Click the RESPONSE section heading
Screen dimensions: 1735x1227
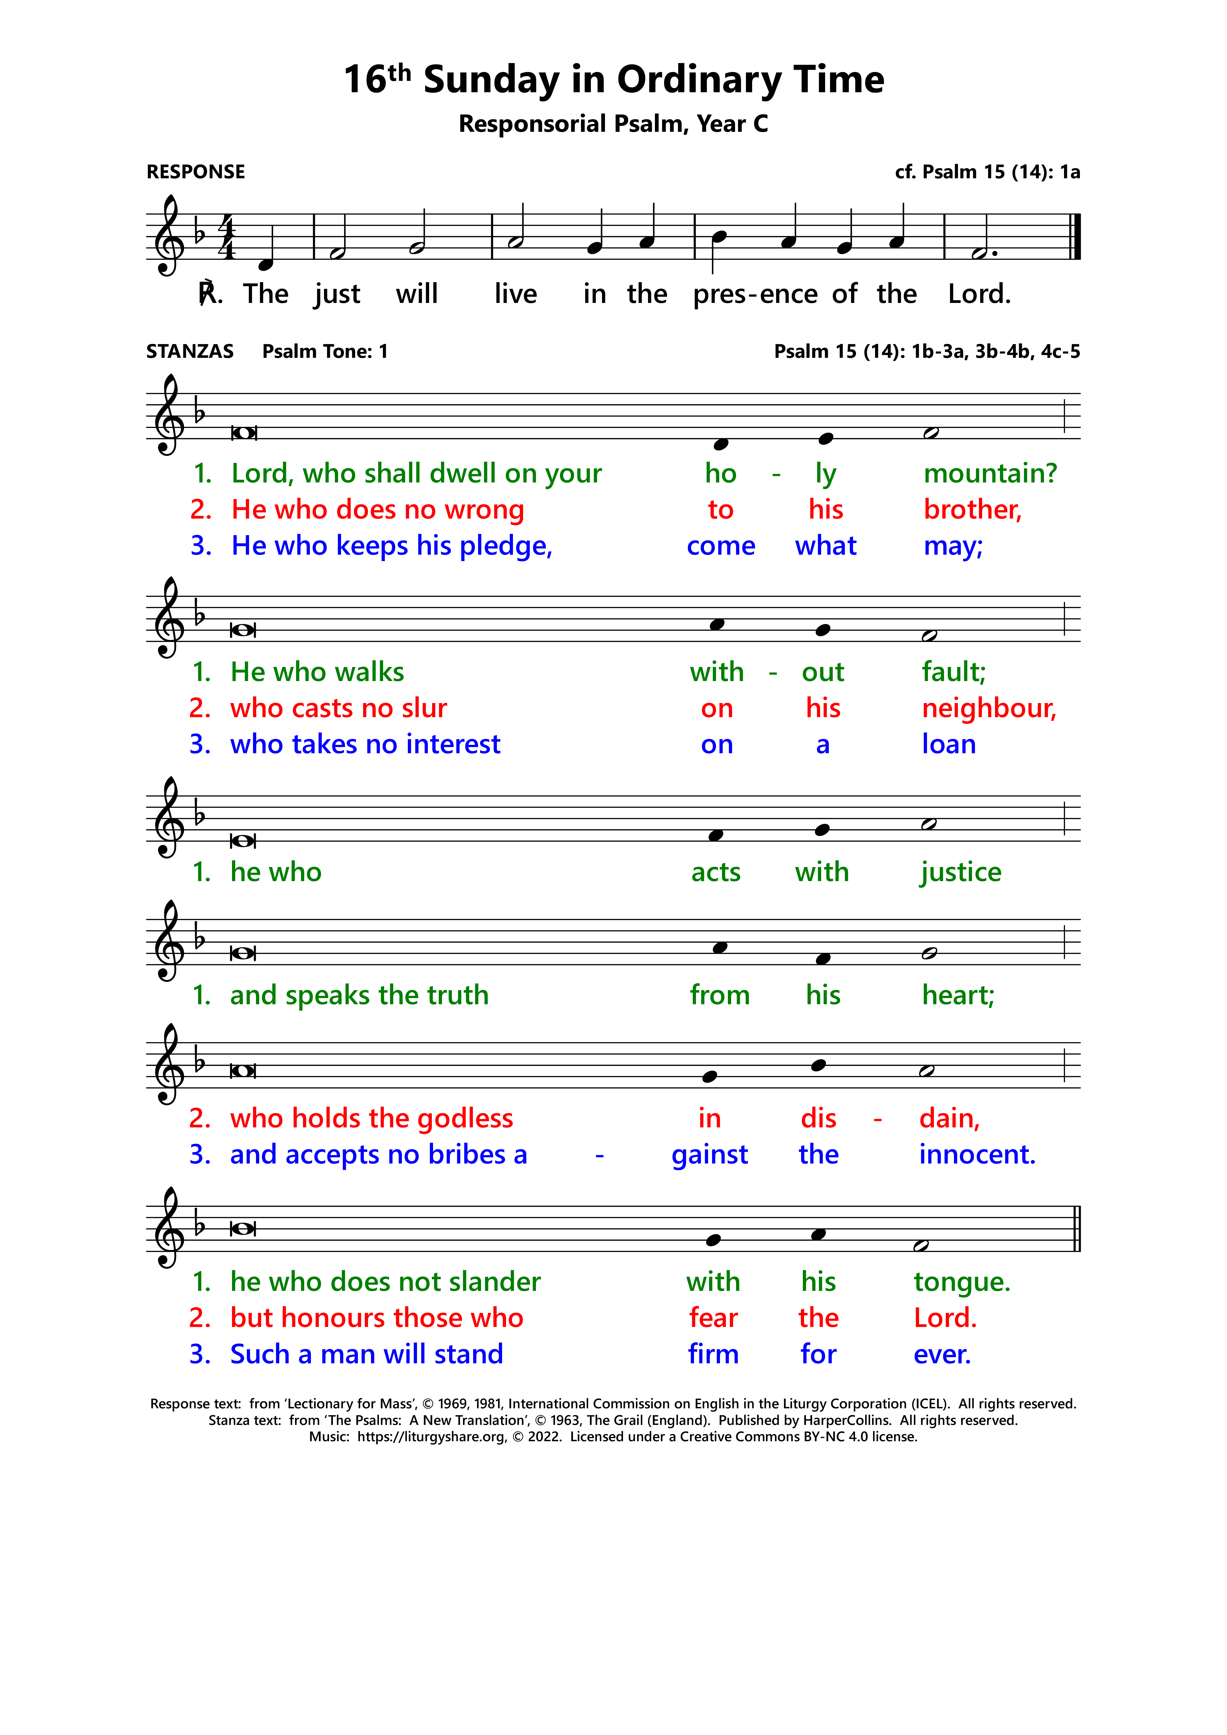(x=196, y=172)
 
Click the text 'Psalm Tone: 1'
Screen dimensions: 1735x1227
(x=325, y=351)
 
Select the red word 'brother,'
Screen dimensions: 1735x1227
(x=972, y=510)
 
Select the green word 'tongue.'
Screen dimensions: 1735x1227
(x=962, y=1282)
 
